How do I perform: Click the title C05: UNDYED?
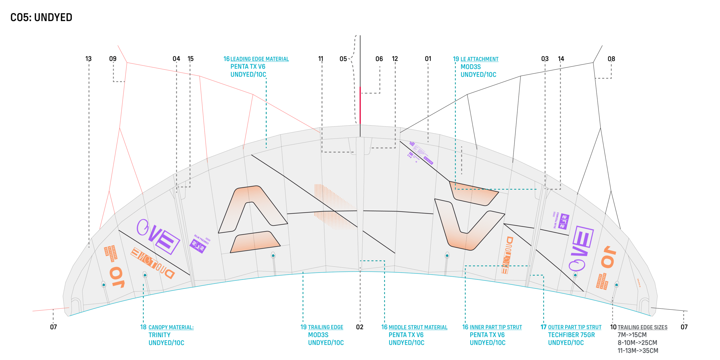[x=41, y=18]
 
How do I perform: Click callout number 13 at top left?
[x=88, y=59]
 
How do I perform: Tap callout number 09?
[x=113, y=59]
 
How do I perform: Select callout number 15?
[x=191, y=59]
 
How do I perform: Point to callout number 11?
[x=321, y=59]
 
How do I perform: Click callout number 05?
[x=343, y=59]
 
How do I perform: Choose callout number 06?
[x=379, y=59]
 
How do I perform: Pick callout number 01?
[x=428, y=59]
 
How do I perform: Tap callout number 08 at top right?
[x=611, y=59]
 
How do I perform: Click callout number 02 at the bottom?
[x=360, y=327]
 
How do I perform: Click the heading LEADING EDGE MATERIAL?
[x=259, y=59]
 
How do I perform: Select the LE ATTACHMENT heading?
[x=479, y=59]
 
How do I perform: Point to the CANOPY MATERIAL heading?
[x=171, y=327]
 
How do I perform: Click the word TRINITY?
[x=160, y=335]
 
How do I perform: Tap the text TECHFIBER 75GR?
[x=571, y=335]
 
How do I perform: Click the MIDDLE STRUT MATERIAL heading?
[x=418, y=327]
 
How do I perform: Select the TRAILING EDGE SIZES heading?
[x=642, y=327]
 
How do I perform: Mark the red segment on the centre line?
[x=360, y=105]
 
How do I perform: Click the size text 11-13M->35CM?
[x=638, y=350]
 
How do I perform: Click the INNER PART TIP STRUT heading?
[x=496, y=327]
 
